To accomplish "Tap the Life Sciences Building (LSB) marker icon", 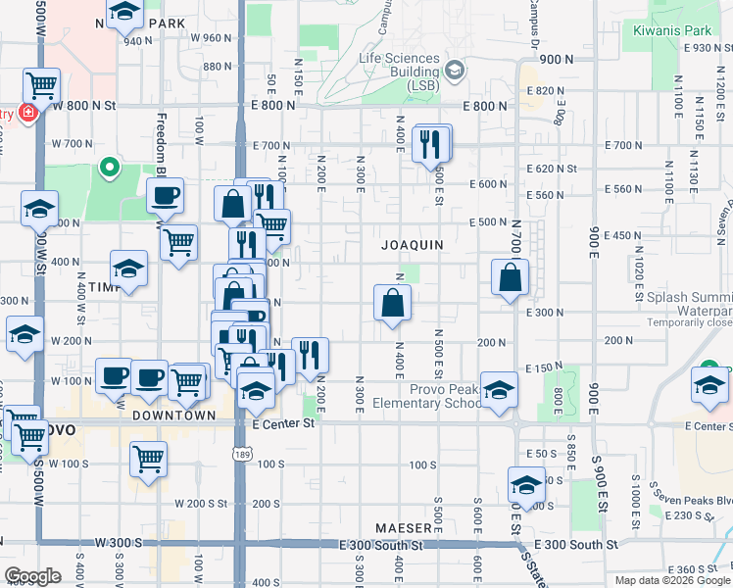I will pyautogui.click(x=454, y=71).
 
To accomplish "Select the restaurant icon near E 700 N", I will pyautogui.click(x=431, y=144).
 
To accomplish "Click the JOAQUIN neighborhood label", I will pyautogui.click(x=413, y=244).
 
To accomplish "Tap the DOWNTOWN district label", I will pyautogui.click(x=174, y=416).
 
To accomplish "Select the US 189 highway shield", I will pyautogui.click(x=240, y=453).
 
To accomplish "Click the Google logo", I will pyautogui.click(x=32, y=575).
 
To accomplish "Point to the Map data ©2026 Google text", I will pyautogui.click(x=672, y=580).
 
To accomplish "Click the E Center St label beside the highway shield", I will pyautogui.click(x=283, y=423).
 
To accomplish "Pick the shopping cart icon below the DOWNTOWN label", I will pyautogui.click(x=148, y=458).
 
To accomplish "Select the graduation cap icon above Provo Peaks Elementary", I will pyautogui.click(x=499, y=390).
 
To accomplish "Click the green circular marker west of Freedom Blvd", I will pyautogui.click(x=109, y=168).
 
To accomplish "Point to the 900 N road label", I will pyautogui.click(x=555, y=60).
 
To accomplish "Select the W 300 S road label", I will pyautogui.click(x=119, y=542).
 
